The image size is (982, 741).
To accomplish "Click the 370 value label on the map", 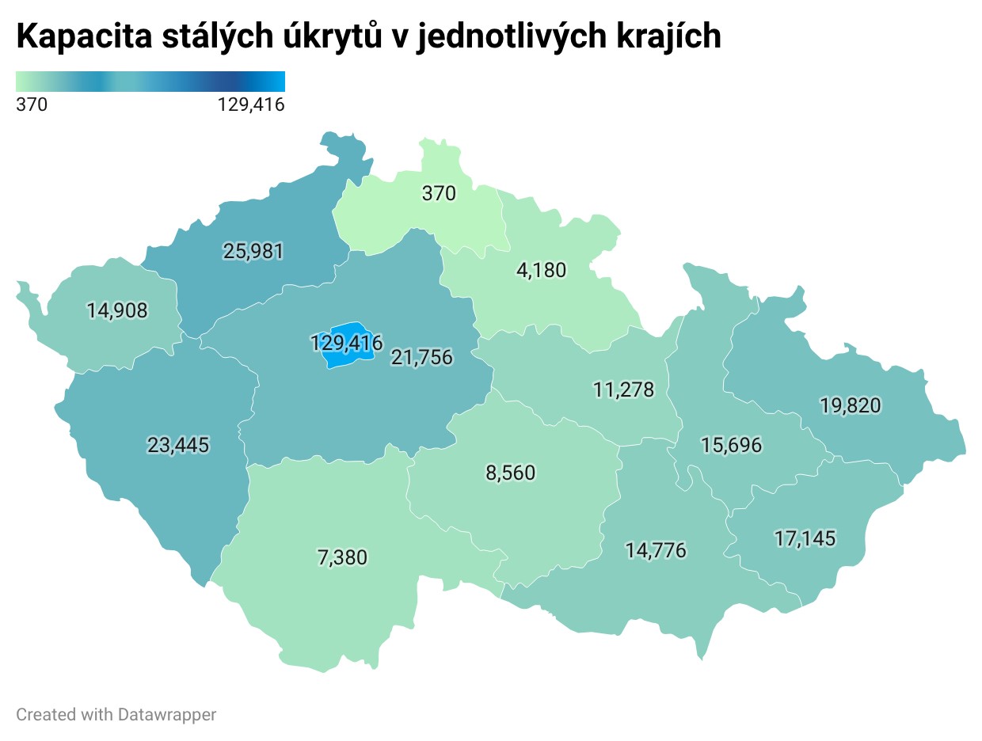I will click(439, 193).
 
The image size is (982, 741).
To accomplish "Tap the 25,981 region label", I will click(253, 252).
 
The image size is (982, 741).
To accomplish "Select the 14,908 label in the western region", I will click(117, 311).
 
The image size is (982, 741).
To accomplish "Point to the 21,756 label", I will click(422, 358).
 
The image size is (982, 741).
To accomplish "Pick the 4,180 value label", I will click(541, 271).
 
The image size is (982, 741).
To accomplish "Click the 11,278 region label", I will click(623, 389).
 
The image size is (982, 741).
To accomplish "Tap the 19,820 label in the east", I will click(850, 406).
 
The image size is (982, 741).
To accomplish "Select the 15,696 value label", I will click(731, 446).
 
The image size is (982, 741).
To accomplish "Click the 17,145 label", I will click(805, 539).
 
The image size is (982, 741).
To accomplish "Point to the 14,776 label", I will click(655, 550).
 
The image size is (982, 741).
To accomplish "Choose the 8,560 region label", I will click(510, 473).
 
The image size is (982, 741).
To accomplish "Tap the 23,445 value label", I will click(178, 446).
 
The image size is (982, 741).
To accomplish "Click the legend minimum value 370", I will click(32, 104).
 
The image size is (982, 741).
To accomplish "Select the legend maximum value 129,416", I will click(250, 104).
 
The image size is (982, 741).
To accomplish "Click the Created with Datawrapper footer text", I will click(116, 714).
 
